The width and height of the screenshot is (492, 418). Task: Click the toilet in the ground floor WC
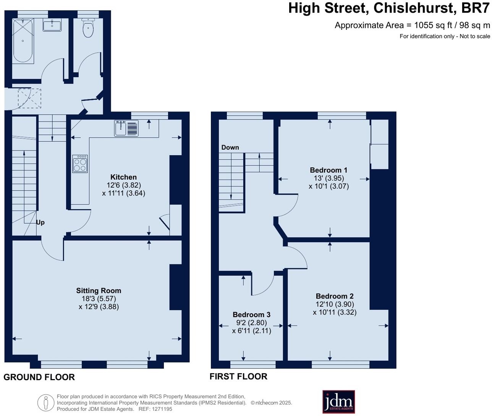88,28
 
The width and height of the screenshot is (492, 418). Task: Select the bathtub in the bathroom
23,41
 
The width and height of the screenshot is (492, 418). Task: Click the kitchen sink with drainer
126,128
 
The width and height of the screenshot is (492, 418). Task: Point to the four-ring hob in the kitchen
80,164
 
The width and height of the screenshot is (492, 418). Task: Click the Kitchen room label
123,177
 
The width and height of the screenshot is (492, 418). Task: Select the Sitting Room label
99,291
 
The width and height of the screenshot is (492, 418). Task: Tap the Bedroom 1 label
329,170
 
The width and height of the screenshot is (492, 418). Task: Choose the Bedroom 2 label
335,296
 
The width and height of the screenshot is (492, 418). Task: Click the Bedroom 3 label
252,315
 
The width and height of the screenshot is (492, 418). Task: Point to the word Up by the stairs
40,223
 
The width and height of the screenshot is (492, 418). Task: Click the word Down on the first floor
230,147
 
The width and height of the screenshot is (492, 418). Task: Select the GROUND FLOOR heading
39,377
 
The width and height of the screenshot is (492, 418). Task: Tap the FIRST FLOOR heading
238,377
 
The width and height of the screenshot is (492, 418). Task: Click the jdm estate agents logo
338,402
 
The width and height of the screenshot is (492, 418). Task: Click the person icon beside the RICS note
46,403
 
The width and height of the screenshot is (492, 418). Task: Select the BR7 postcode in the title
475,8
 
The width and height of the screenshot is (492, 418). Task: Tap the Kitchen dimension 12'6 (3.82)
124,185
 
